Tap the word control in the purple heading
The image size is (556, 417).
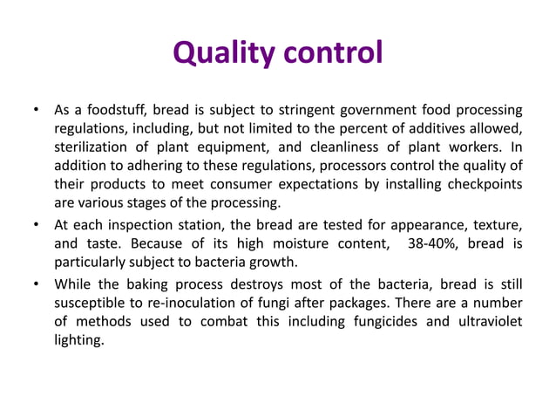[331, 53]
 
